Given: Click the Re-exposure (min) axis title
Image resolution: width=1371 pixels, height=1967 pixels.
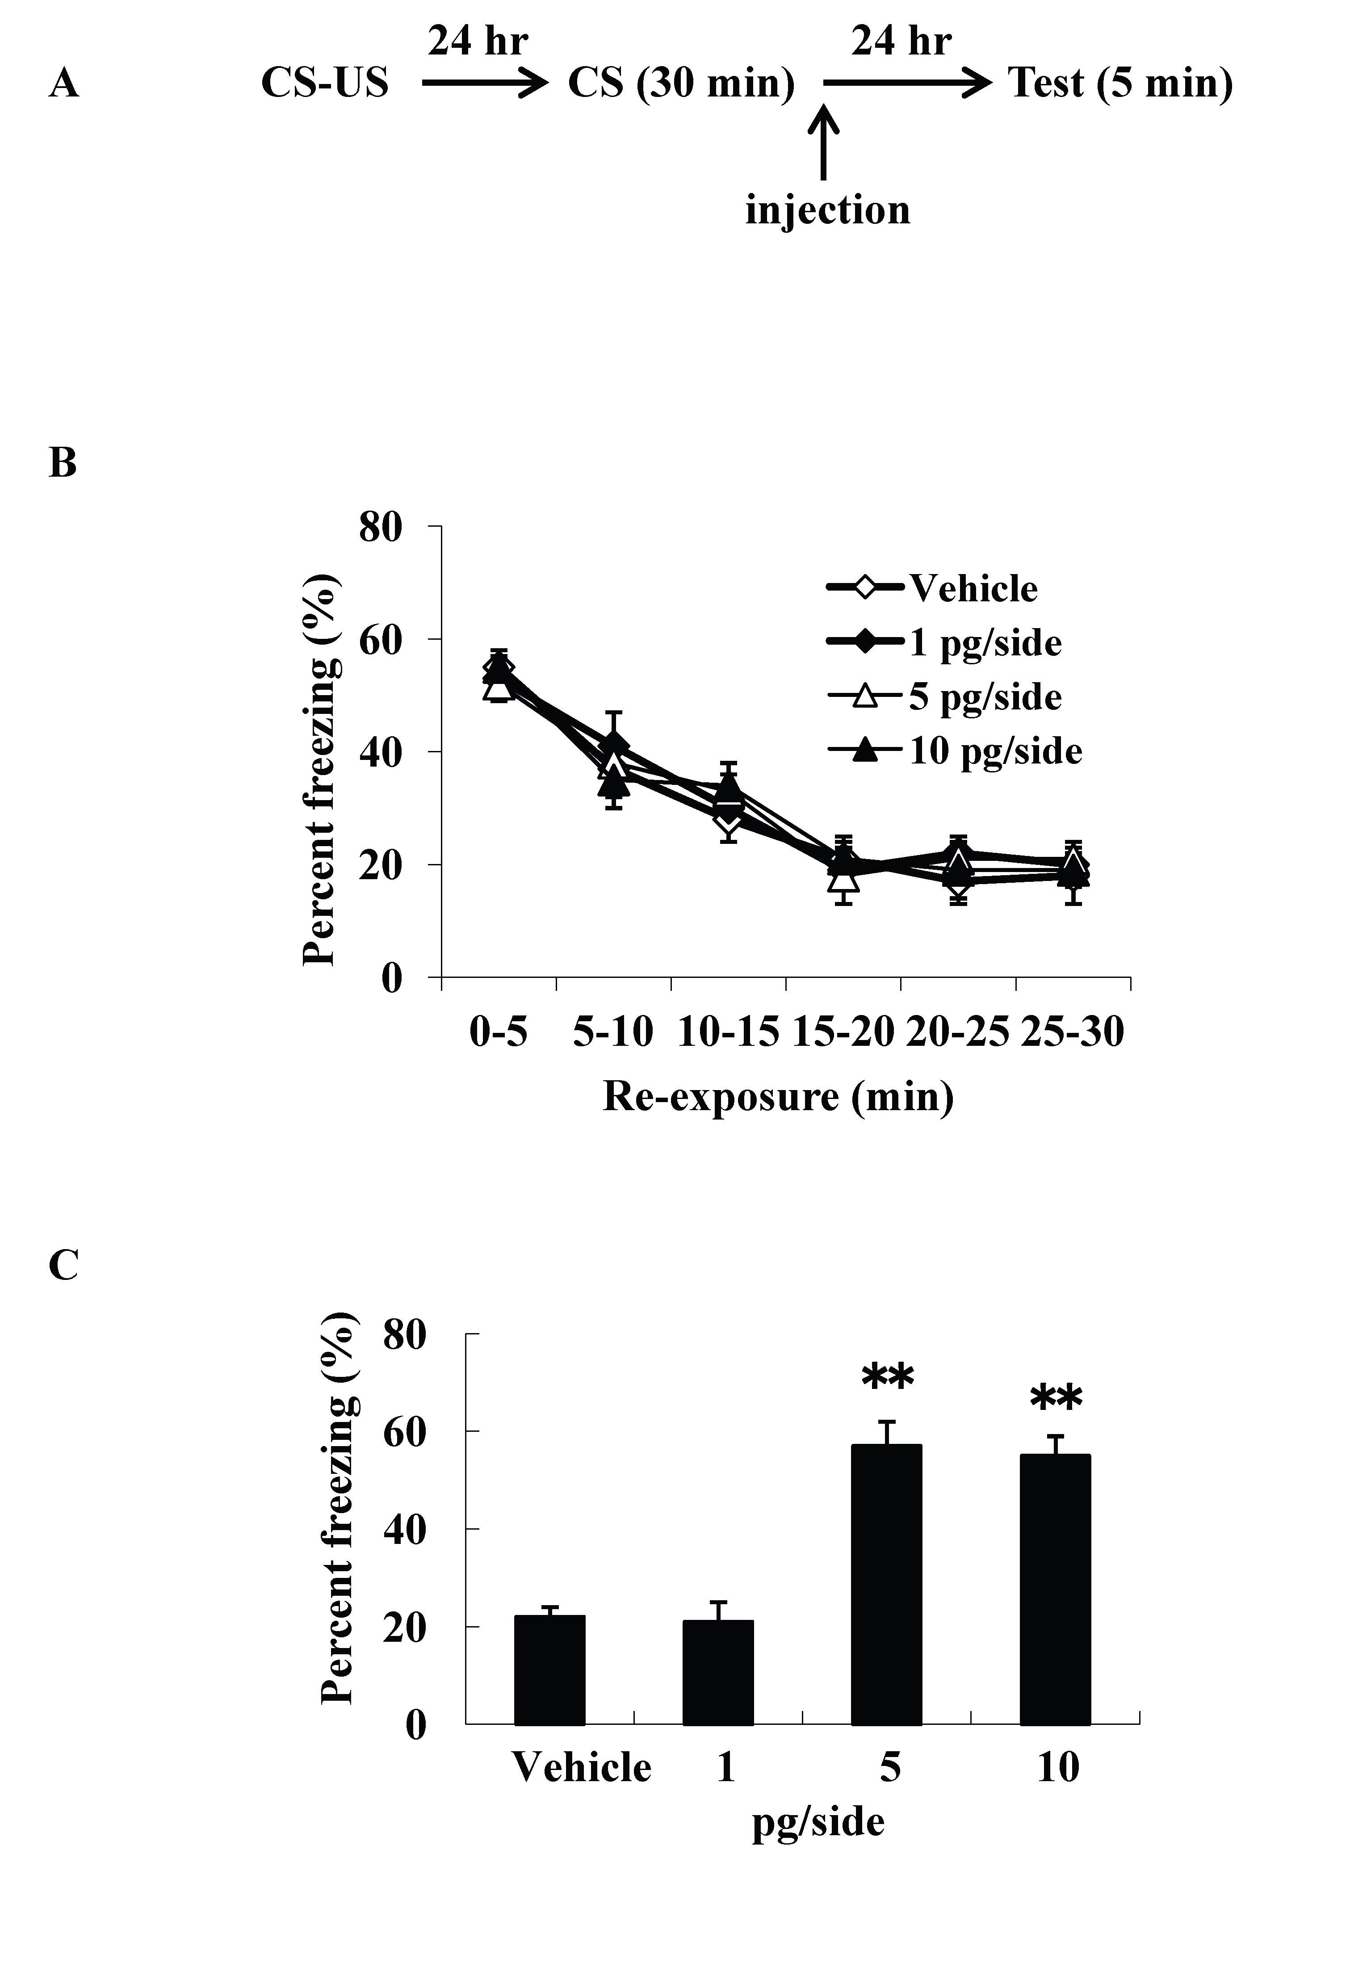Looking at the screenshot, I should point(778,1098).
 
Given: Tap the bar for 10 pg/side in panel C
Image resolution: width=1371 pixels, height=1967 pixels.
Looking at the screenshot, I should point(1055,1589).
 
